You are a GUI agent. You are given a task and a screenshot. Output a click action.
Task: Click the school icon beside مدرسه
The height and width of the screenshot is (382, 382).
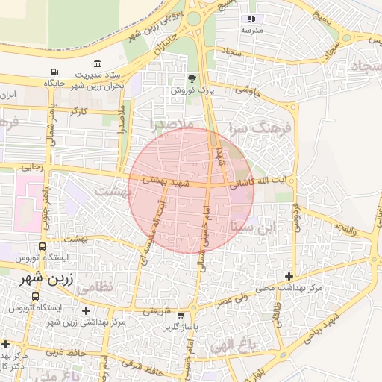tap(251, 19)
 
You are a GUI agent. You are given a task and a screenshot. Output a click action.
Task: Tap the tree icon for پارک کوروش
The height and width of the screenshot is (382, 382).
tap(193, 78)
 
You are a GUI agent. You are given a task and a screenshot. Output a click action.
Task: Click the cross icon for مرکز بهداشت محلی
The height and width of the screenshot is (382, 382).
tap(289, 277)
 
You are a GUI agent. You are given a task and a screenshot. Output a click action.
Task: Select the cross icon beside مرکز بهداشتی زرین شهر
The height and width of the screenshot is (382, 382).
tap(87, 310)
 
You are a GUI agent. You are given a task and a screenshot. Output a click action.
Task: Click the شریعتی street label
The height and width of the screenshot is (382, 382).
tap(157, 309)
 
